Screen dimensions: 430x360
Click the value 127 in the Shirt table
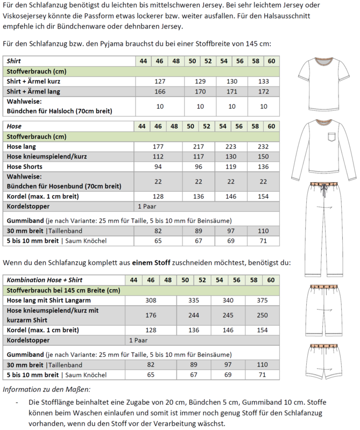click(159, 81)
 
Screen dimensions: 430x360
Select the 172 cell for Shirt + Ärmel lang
click(264, 91)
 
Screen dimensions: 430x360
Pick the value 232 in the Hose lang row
click(264, 146)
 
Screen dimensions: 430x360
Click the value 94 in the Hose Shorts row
click(159, 167)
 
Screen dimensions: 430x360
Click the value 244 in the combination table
click(194, 316)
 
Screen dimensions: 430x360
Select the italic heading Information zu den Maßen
click(47, 389)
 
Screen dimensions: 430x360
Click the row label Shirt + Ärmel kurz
click(33, 81)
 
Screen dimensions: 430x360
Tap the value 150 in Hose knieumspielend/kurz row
click(264, 156)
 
